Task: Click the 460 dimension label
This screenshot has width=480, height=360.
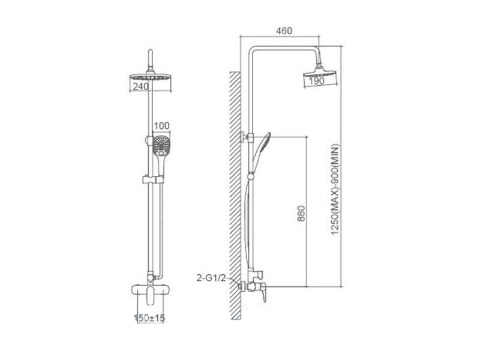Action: [x=284, y=31]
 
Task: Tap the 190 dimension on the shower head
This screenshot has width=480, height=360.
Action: [x=317, y=81]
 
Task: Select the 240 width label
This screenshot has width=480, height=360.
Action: [x=141, y=86]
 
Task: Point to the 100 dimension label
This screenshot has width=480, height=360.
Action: [x=161, y=126]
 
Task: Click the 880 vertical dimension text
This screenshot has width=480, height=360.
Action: [x=302, y=214]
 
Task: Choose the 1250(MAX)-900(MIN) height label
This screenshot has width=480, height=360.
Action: [x=335, y=190]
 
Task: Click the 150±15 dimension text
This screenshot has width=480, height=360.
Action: [x=149, y=318]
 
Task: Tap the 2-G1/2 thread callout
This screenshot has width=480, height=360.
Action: [x=211, y=278]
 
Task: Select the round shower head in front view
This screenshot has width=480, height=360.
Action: [x=151, y=77]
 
